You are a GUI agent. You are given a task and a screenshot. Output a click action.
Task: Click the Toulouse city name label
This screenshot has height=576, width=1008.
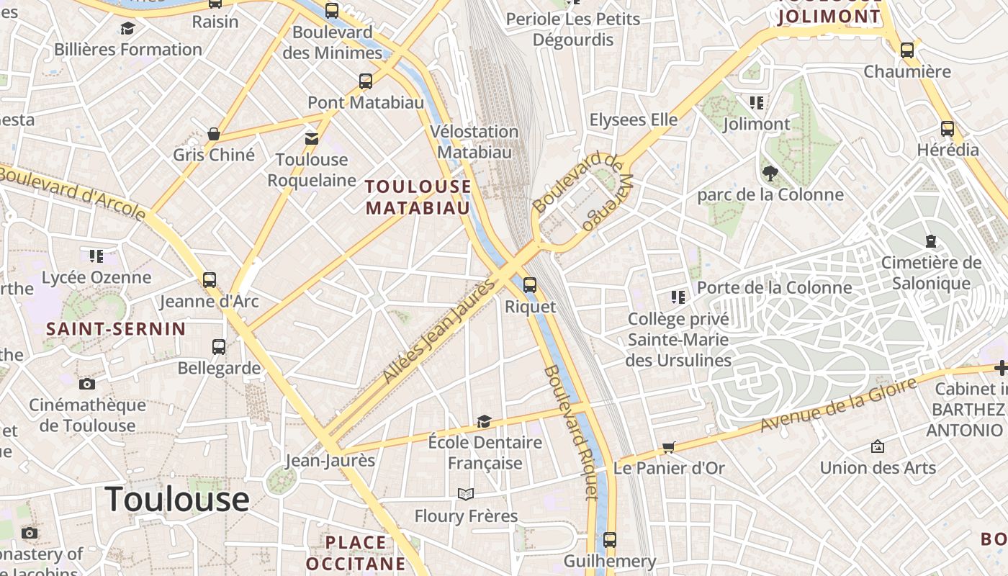point(177,499)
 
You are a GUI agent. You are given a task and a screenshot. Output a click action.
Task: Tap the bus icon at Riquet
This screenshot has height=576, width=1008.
point(530,285)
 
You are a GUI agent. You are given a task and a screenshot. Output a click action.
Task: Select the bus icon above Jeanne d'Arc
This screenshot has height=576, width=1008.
point(210,280)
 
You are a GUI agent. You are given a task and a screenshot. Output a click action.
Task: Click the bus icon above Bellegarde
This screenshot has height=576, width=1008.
point(219,347)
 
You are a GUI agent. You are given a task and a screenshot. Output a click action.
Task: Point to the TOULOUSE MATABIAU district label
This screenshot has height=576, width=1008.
point(418,197)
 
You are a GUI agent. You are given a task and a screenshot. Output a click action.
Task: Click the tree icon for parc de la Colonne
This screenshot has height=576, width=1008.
point(770,174)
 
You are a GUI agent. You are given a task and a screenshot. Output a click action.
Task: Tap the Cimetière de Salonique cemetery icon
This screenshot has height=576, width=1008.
point(931,241)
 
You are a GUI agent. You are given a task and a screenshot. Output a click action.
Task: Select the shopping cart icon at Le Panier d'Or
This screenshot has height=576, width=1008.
point(669,448)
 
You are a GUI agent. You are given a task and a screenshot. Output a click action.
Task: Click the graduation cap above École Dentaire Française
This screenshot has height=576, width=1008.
point(485,421)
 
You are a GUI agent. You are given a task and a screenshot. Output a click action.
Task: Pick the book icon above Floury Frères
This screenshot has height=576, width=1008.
point(466,495)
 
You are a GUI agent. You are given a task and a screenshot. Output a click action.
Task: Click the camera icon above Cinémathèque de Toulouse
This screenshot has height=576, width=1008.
point(87,384)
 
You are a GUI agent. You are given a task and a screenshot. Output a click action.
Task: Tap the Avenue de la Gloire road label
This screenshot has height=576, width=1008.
point(838,405)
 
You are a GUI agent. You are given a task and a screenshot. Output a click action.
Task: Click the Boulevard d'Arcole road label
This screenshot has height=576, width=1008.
point(72,192)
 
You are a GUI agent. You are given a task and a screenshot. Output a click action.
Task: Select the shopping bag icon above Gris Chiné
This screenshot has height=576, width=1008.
point(214,134)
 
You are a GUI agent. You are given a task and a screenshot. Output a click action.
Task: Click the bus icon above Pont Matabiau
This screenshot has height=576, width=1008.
point(366,81)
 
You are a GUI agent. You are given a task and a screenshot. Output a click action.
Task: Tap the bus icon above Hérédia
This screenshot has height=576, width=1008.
point(948,129)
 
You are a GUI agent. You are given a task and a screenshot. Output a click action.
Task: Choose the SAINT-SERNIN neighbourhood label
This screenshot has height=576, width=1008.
point(116,329)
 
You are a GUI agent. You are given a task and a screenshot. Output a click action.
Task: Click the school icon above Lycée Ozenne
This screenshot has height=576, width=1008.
point(96,256)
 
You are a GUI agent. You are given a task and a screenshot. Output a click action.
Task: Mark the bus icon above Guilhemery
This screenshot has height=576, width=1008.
point(610,539)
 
